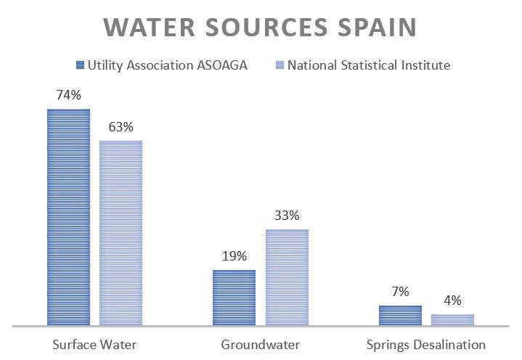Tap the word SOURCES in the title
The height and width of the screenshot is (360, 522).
[x=270, y=27]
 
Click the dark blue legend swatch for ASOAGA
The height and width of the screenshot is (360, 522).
[x=80, y=65]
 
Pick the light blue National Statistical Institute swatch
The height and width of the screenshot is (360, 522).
[x=280, y=65]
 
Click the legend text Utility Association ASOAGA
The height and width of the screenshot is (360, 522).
[x=168, y=65]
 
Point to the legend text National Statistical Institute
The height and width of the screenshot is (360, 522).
[x=369, y=65]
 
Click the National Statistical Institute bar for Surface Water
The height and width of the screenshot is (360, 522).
[x=121, y=232]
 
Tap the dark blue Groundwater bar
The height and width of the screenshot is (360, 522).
[x=234, y=297]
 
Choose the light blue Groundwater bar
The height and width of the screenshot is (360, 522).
[x=287, y=277]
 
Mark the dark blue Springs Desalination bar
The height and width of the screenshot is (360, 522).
[x=400, y=315]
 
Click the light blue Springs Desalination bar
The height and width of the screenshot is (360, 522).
[x=452, y=319]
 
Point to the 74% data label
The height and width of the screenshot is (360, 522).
[x=68, y=95]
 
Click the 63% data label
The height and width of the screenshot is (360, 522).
[x=121, y=127]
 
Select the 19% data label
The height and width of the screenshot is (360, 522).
[x=234, y=256]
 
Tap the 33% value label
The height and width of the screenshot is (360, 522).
[x=287, y=216]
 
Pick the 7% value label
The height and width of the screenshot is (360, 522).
[x=400, y=292]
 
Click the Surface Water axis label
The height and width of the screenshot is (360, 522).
[x=94, y=344]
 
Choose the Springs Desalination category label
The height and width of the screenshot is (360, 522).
[x=425, y=344]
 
